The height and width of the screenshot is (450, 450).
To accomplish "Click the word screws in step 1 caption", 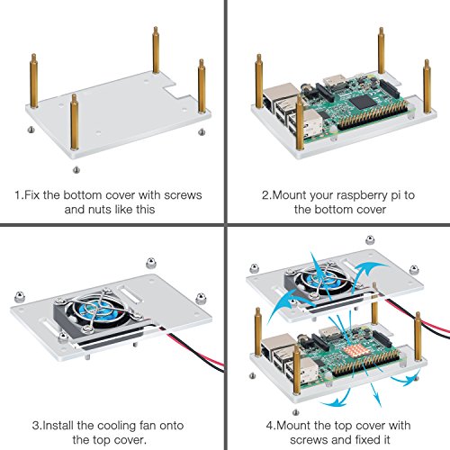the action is (x=183, y=195).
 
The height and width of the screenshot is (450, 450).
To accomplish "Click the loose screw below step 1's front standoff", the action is (x=76, y=170).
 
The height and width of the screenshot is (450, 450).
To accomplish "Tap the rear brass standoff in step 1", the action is (x=156, y=49).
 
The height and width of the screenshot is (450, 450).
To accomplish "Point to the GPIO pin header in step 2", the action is (x=373, y=115).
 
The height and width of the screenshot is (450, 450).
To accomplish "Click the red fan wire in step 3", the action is (x=195, y=349).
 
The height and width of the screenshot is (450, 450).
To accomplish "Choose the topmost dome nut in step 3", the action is (x=151, y=264).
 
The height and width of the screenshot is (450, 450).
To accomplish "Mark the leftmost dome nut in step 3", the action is (x=20, y=296).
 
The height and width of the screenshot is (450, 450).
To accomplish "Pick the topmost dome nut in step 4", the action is (x=370, y=240).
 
